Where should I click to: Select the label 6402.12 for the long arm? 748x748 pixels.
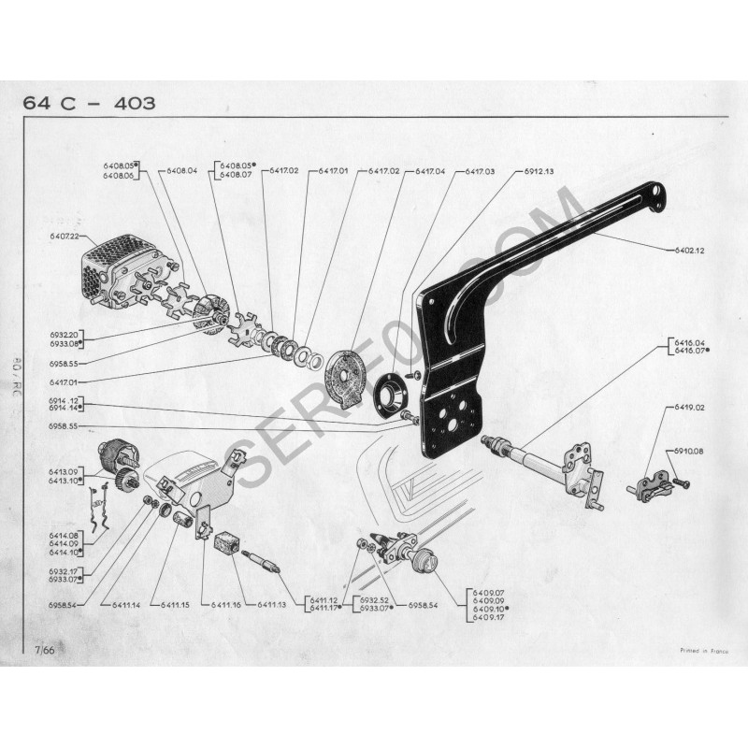click(x=689, y=251)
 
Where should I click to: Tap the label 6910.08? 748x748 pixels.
click(x=690, y=452)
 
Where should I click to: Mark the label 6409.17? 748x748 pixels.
click(x=489, y=619)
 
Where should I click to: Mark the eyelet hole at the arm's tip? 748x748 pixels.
click(x=661, y=194)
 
